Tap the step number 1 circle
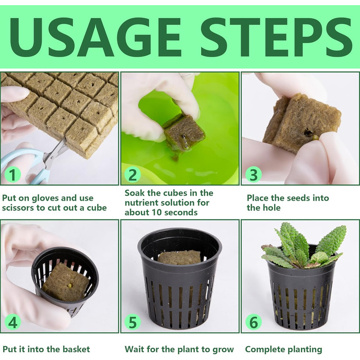point(13,174)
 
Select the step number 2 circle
point(133,174)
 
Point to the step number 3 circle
point(254,174)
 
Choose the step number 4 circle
point(13,322)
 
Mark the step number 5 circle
point(133,322)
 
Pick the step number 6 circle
point(254,322)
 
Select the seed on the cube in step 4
point(69,285)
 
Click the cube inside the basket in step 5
point(179,257)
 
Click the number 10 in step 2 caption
point(157,212)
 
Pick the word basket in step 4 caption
point(76,349)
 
